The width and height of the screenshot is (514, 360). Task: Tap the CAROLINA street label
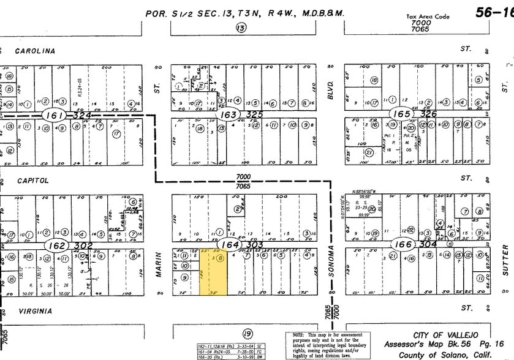[36, 51]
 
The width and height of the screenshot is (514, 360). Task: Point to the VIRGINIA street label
[34, 311]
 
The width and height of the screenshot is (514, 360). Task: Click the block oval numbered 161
[51, 115]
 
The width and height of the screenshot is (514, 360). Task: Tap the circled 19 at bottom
[247, 334]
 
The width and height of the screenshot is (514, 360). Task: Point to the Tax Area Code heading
[427, 18]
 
